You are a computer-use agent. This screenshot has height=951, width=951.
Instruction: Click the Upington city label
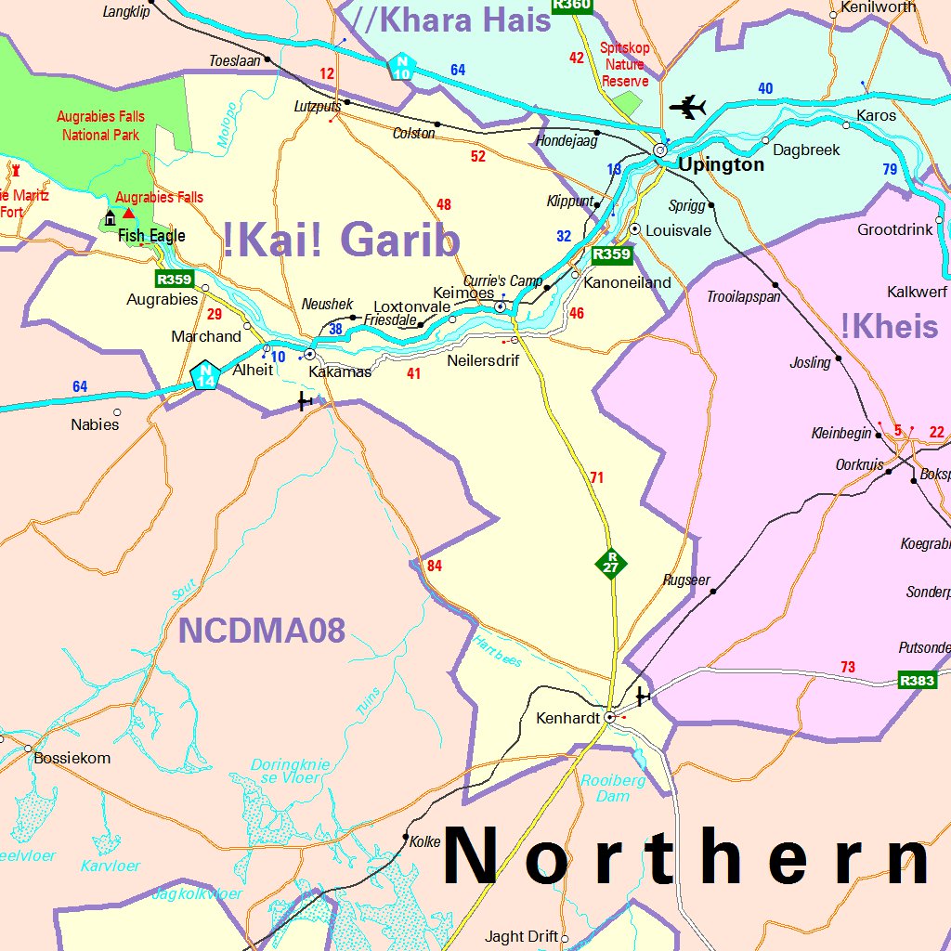tap(721, 165)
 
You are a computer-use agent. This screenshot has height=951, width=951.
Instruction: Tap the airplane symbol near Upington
tap(687, 108)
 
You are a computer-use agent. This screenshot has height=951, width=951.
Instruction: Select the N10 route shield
tap(402, 66)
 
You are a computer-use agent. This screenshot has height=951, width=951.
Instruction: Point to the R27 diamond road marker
tap(611, 562)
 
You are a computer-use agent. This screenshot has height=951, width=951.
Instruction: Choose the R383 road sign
tap(917, 681)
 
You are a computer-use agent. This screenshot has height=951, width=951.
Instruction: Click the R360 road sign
tap(571, 5)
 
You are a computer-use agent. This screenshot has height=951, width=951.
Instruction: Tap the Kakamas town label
tap(340, 372)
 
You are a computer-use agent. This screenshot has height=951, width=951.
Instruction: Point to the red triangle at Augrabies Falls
tap(128, 213)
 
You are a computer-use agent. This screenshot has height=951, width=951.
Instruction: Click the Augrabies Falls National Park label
tap(100, 126)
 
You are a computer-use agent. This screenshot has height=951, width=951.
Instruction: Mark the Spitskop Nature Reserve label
tap(624, 65)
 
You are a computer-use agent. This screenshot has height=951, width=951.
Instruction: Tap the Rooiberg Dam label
tap(613, 788)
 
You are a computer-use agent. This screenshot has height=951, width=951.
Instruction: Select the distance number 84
tap(435, 566)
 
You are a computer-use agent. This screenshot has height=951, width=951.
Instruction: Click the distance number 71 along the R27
tap(596, 478)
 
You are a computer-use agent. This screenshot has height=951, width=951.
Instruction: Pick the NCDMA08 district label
tap(262, 632)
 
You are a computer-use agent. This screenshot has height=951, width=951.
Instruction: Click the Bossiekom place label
tap(72, 758)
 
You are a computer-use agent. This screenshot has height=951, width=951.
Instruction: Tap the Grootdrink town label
tap(895, 229)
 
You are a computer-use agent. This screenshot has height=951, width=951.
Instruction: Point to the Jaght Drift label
tap(522, 937)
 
